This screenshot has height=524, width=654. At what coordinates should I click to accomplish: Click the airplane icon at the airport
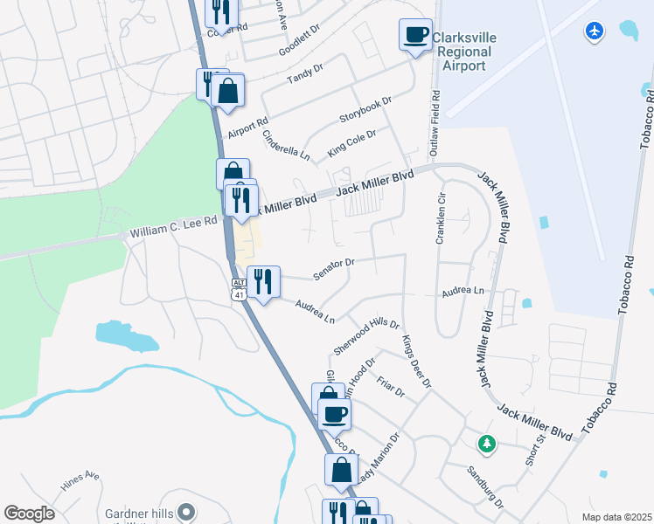(595, 31)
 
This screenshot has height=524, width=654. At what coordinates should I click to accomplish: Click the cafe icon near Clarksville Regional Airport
(415, 35)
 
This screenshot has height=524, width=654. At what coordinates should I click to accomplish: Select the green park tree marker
(487, 444)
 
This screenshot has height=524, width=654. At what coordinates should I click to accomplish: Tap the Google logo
(29, 514)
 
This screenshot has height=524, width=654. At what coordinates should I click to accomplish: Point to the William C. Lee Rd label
(173, 228)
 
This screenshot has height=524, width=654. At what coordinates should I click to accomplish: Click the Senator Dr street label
(333, 268)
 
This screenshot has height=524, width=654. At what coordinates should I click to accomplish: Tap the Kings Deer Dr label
(417, 361)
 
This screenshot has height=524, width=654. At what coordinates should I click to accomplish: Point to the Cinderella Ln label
(287, 144)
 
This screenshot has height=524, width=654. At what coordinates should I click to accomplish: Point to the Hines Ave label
(80, 484)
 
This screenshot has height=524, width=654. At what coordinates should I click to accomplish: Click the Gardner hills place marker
(184, 513)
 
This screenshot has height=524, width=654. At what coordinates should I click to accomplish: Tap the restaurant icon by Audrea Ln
(263, 281)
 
